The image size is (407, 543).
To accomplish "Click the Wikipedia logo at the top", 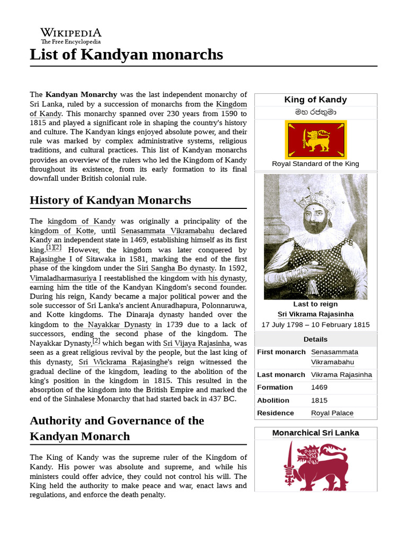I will tap(71, 36).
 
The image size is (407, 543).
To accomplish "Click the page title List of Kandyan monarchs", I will tap(126, 55).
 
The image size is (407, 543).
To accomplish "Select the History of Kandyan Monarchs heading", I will tap(110, 200).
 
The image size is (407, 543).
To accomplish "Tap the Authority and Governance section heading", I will tap(117, 428).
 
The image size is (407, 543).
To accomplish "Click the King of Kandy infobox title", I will tap(315, 100).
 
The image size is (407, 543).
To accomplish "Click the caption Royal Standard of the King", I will tap(315, 164).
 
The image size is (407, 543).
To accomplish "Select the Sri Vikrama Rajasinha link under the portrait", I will tap(315, 314).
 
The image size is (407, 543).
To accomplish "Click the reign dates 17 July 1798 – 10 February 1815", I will tap(315, 325).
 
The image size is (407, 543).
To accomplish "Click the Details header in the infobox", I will tap(315, 339).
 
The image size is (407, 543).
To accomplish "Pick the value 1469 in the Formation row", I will tap(319, 388).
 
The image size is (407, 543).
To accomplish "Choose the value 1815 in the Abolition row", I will tap(319, 400).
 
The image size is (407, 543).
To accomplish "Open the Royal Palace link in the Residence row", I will tap(332, 413).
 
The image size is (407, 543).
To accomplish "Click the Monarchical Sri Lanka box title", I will tap(315, 433).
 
